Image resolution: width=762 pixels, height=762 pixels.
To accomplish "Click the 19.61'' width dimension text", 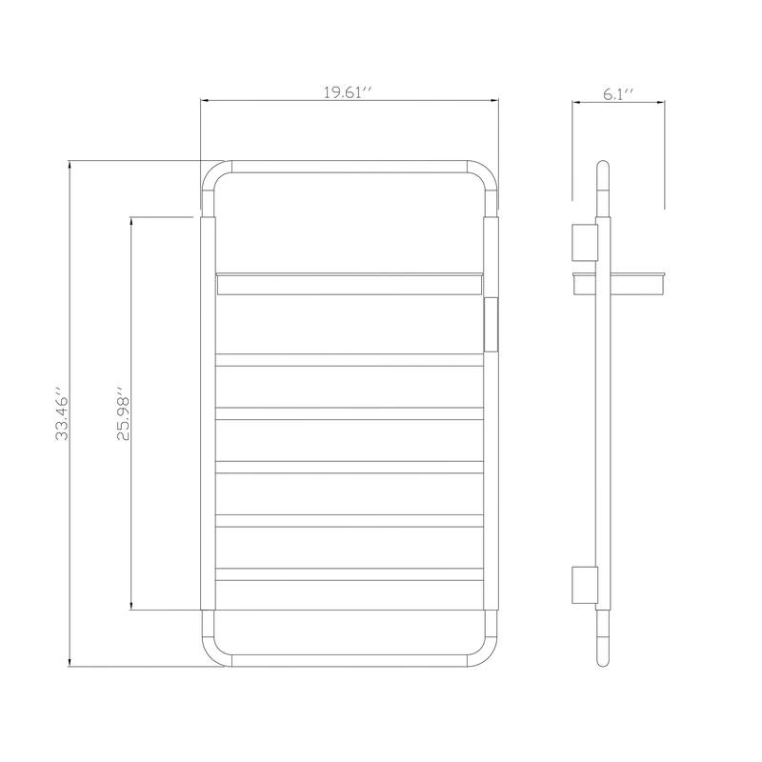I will (x=349, y=92).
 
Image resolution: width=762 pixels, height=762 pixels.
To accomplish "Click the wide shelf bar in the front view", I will (x=350, y=284).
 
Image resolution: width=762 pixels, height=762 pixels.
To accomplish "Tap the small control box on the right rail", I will (x=491, y=323).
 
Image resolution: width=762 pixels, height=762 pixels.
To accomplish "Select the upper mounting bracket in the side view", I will (x=583, y=242).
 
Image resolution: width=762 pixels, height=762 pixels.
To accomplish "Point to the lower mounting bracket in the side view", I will (x=583, y=584).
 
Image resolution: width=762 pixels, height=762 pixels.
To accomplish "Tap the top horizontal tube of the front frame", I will (x=350, y=167).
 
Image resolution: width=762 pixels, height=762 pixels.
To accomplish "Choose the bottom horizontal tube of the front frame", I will (x=350, y=660).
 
